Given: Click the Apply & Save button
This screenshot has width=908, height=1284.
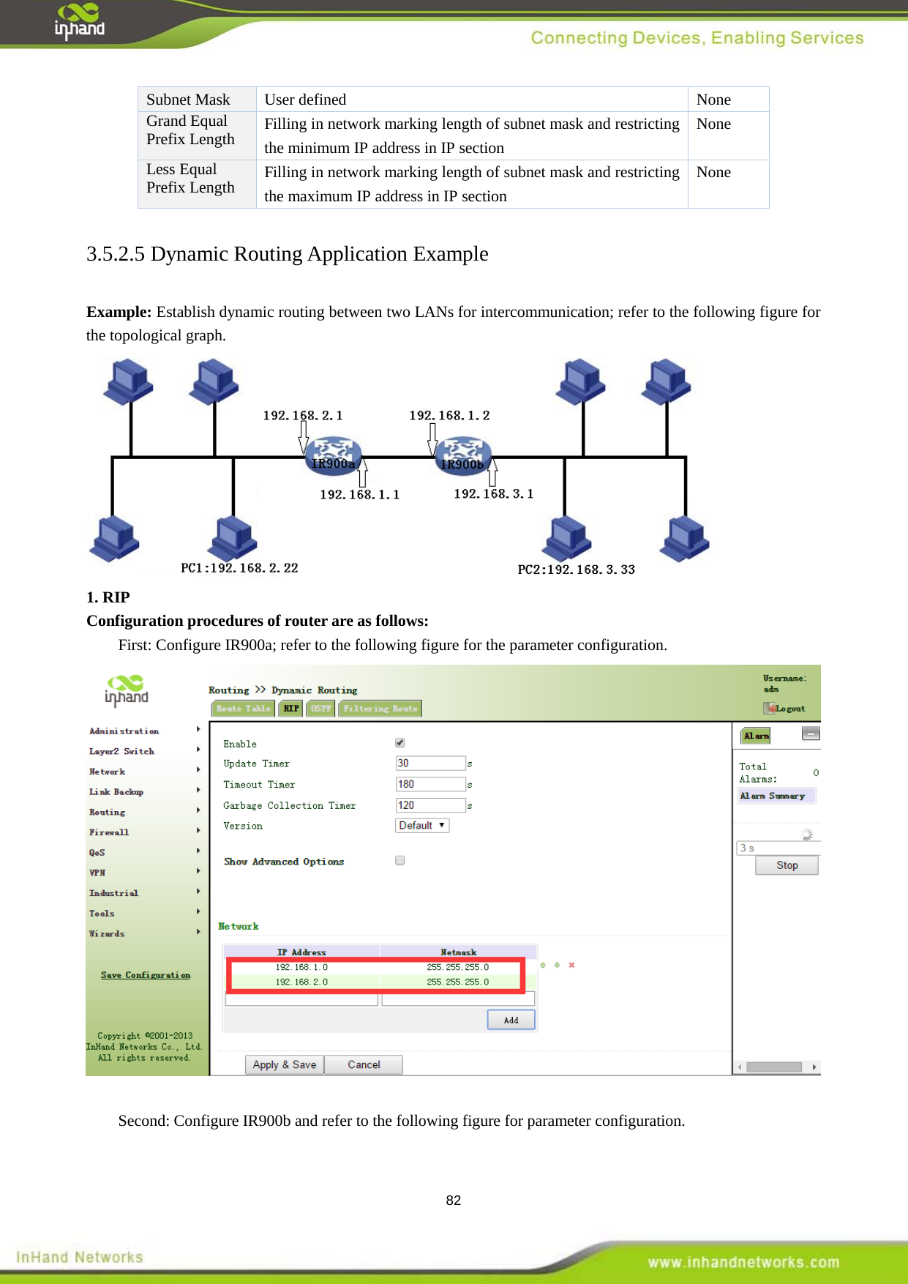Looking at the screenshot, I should [x=284, y=1064].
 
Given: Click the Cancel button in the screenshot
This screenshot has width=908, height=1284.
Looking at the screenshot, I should [x=364, y=1064].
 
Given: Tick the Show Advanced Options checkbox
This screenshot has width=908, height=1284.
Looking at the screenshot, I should [x=399, y=860].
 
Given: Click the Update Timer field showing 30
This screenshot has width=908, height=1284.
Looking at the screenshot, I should [x=429, y=763].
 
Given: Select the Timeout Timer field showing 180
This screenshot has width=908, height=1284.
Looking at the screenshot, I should [x=429, y=784].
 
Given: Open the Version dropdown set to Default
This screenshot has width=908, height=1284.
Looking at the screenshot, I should [x=421, y=825].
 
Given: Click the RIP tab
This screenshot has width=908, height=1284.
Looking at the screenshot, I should [x=291, y=708].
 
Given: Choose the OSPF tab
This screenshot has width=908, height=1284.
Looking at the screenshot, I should [x=320, y=708].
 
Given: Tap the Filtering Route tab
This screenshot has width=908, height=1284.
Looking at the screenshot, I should [x=380, y=708].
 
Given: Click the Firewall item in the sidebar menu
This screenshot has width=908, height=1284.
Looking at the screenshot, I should [x=109, y=832].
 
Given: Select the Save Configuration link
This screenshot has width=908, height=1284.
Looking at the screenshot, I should [x=146, y=975].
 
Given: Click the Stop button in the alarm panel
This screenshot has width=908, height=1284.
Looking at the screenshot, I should [x=787, y=865].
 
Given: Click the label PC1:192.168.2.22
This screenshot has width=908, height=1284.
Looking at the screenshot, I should [x=239, y=568].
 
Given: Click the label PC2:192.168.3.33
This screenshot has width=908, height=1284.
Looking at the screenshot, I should [x=576, y=570].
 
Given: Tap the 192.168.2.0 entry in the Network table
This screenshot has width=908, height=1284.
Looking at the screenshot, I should [x=301, y=982].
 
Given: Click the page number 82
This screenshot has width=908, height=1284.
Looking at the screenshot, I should [x=454, y=1201].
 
